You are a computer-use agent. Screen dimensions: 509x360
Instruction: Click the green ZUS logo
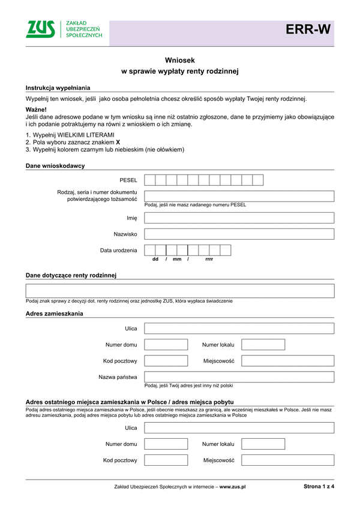[x=41, y=29]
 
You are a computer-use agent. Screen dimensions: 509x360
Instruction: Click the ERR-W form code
[x=307, y=30]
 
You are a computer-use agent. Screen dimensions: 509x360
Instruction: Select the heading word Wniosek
[x=180, y=60]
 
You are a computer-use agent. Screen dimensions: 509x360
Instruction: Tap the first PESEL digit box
[x=150, y=180]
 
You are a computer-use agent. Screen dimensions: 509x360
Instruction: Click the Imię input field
[x=239, y=218]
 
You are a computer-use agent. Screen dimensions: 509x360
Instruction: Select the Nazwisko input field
[x=239, y=234]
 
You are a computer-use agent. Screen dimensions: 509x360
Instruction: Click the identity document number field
[x=239, y=196]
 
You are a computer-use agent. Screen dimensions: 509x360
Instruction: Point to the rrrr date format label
[x=209, y=259]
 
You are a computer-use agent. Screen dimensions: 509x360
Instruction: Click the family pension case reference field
[x=180, y=291]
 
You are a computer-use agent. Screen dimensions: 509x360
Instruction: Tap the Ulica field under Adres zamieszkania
[x=239, y=329]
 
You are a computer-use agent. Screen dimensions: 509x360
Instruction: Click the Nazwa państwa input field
[x=239, y=377]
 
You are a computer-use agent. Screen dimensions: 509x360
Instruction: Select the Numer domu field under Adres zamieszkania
[x=166, y=345]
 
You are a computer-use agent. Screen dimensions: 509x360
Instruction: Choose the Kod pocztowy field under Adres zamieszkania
[x=166, y=361]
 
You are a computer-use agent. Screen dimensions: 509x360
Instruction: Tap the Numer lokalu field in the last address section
[x=263, y=444]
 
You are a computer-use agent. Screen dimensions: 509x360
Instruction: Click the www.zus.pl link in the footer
[x=233, y=488]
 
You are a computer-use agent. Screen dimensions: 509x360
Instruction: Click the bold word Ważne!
[x=36, y=110]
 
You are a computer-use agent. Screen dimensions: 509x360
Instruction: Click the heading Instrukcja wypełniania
[x=58, y=88]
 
